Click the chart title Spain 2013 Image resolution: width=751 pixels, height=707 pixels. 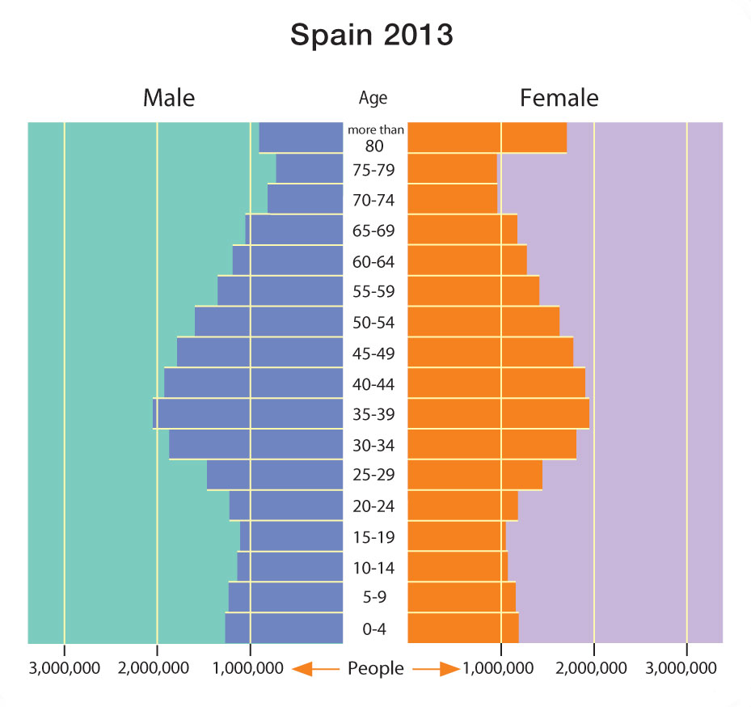pyautogui.click(x=372, y=36)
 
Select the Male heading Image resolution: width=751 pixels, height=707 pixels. pyautogui.click(x=169, y=98)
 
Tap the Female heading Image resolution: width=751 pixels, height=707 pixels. pyautogui.click(x=559, y=98)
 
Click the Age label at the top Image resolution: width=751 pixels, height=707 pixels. pyautogui.click(x=373, y=99)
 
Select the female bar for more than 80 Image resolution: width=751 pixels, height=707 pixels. pyautogui.click(x=487, y=138)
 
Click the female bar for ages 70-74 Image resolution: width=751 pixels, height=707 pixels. pyautogui.click(x=453, y=199)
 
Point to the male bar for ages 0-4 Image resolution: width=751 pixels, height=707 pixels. pyautogui.click(x=284, y=629)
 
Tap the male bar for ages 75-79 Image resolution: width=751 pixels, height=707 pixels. pyautogui.click(x=310, y=168)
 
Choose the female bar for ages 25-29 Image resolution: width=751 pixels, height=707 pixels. pyautogui.click(x=475, y=475)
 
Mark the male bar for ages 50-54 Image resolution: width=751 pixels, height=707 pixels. pyautogui.click(x=269, y=321)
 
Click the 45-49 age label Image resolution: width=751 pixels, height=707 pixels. pyautogui.click(x=374, y=353)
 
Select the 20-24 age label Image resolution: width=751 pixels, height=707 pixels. pyautogui.click(x=374, y=507)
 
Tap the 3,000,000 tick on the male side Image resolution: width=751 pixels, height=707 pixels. pyautogui.click(x=64, y=668)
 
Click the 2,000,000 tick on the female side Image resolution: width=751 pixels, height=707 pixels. pyautogui.click(x=594, y=668)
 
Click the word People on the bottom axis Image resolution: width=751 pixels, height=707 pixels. pyautogui.click(x=375, y=668)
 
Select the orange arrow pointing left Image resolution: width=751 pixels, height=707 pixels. pyautogui.click(x=314, y=669)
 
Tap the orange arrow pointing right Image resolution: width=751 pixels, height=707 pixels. pyautogui.click(x=437, y=669)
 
